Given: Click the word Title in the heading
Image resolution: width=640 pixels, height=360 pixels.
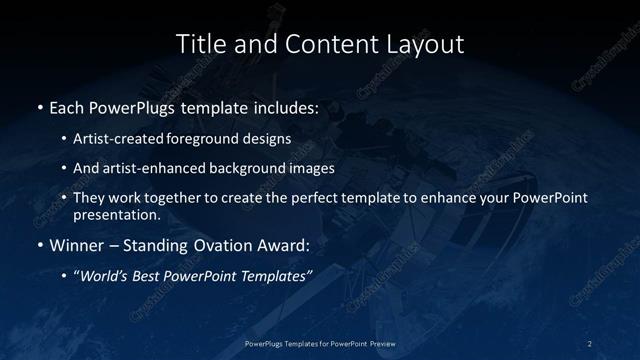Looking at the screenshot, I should point(199,44).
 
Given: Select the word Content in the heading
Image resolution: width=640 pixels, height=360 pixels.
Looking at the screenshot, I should point(318,44).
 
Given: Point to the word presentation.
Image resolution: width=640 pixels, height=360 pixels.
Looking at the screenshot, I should point(117,214).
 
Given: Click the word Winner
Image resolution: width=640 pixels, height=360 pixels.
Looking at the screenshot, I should point(79,245).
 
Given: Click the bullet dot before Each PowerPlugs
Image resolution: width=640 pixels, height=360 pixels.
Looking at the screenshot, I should point(39,107).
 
